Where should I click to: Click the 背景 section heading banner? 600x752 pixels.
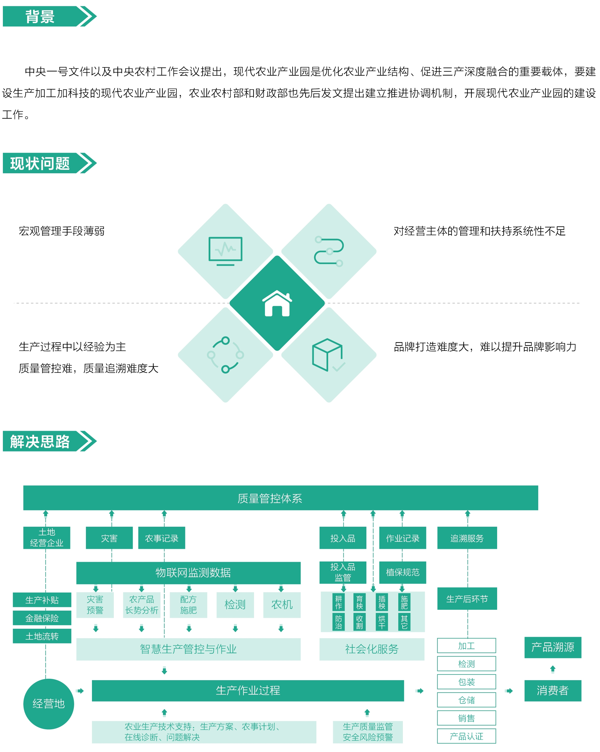[49, 16]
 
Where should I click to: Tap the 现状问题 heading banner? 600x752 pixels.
[49, 163]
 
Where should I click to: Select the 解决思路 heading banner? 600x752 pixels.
[49, 441]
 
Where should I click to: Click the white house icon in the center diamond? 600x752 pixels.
[277, 303]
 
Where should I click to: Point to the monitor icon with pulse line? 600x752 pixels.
[225, 251]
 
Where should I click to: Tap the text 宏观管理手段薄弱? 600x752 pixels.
[61, 231]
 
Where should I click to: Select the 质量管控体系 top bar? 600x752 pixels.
[280, 498]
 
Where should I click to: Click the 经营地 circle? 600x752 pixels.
[49, 703]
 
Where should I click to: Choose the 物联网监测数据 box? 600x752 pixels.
[189, 572]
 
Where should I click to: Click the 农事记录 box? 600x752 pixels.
[161, 538]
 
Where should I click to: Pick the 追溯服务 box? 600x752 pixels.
[467, 538]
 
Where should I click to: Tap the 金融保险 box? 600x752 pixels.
[42, 618]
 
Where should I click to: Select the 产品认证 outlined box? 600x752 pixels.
[466, 736]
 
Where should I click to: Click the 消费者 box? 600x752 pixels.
[553, 690]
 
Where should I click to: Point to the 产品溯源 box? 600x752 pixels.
[553, 647]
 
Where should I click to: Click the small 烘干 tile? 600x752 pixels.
[382, 622]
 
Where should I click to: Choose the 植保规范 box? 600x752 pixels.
[403, 572]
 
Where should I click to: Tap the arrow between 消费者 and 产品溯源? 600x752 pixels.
[553, 669]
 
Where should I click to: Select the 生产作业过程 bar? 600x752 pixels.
[248, 690]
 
